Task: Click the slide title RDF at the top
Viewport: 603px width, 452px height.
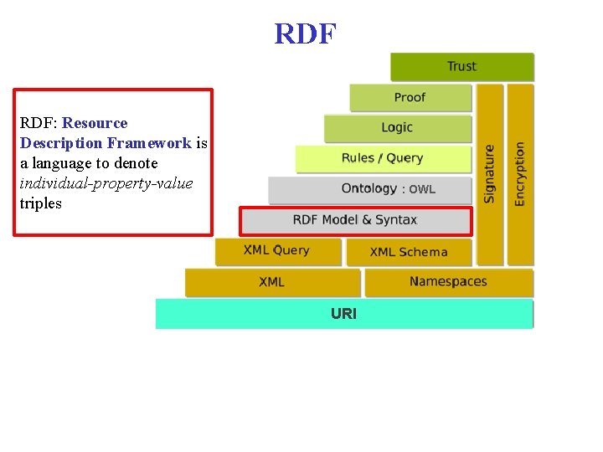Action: point(306,33)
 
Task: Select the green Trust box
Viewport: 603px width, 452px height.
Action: point(461,67)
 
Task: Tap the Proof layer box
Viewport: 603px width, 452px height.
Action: point(410,98)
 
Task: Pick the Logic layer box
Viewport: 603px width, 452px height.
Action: point(397,128)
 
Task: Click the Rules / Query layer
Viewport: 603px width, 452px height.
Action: point(383,158)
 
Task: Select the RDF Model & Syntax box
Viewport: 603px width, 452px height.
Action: point(356,220)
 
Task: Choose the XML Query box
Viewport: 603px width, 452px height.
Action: point(277,251)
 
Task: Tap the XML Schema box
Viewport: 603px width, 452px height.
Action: point(409,252)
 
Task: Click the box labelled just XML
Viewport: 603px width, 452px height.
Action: point(272,282)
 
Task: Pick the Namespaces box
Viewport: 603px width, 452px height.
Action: point(448,282)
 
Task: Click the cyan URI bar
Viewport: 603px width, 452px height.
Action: point(344,314)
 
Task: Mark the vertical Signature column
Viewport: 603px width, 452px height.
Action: point(490,174)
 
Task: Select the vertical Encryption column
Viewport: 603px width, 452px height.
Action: point(520,174)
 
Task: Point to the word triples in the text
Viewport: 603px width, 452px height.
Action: point(41,203)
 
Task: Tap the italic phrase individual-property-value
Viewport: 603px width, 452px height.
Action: point(106,183)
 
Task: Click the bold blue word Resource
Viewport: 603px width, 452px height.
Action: point(95,123)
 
